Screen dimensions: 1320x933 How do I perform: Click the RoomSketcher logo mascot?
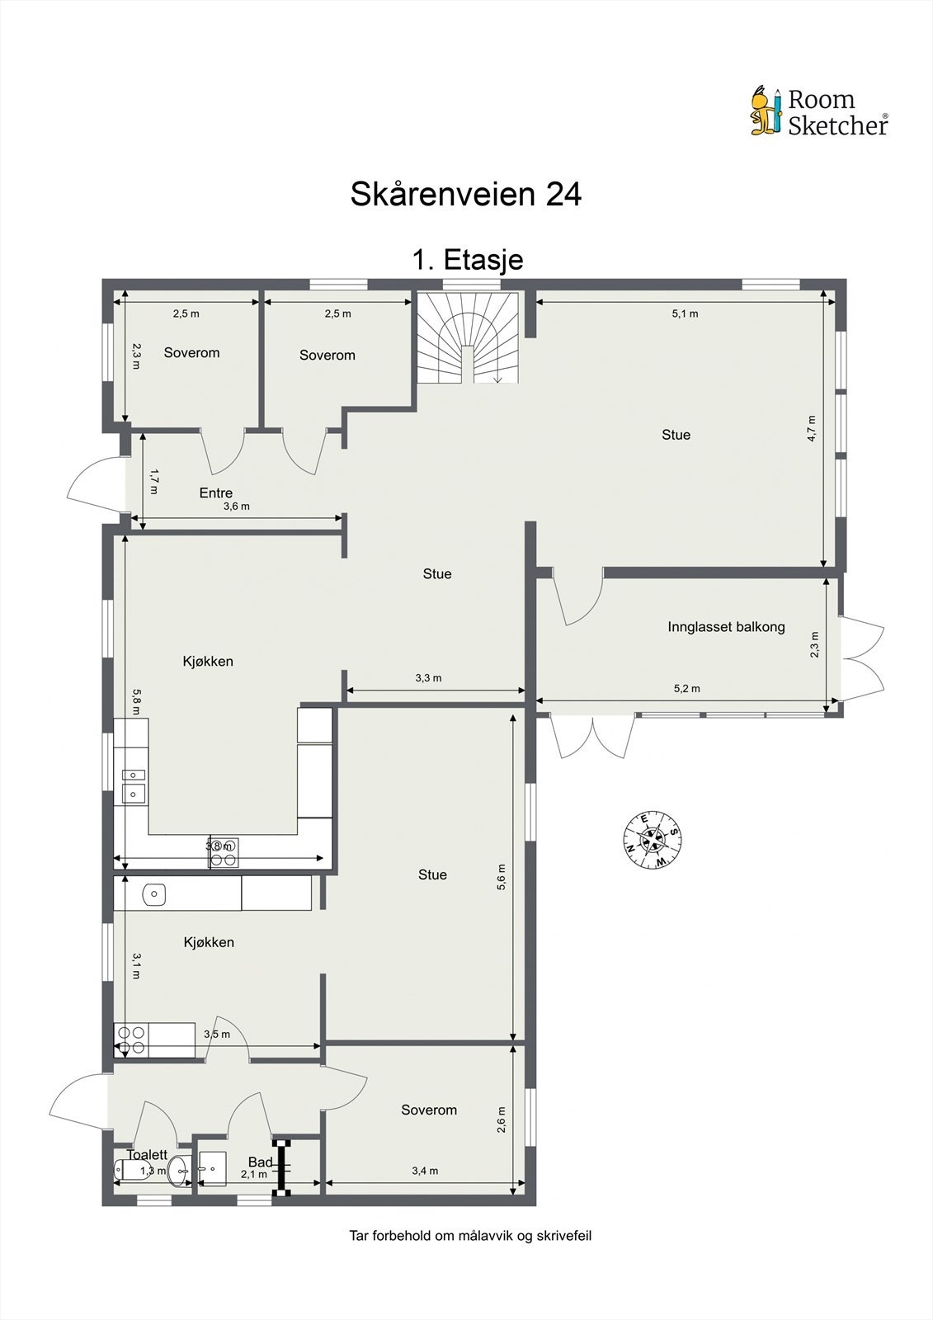[766, 111]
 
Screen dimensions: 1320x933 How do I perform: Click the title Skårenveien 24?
[466, 194]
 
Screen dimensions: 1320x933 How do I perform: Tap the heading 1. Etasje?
[467, 260]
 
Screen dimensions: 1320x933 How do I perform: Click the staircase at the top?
[468, 338]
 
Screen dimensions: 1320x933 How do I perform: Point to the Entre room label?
[215, 493]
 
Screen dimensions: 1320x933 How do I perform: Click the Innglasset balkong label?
[726, 627]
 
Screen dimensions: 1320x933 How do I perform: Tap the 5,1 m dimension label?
[685, 313]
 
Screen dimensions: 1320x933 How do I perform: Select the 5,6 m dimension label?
[502, 878]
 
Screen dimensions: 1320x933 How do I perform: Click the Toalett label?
[147, 1155]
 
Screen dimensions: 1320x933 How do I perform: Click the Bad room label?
[260, 1162]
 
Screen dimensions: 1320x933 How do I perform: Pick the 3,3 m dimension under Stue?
[428, 678]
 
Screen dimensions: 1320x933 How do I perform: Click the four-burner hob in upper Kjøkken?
[224, 852]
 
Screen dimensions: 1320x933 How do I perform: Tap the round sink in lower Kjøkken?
[153, 893]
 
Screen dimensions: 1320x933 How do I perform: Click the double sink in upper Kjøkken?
[133, 785]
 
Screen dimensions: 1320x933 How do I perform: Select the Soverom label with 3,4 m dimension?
[428, 1110]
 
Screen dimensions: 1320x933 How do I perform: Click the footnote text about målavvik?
[470, 1236]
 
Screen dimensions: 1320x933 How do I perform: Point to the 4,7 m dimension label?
[812, 429]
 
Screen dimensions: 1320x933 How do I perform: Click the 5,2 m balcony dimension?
[686, 688]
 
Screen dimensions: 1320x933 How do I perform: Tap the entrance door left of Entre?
[91, 481]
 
